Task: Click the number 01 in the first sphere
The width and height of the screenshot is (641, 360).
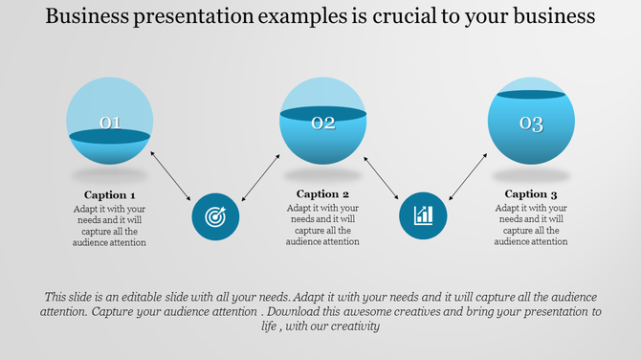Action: [110, 123]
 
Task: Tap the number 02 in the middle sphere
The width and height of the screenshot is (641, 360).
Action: [323, 123]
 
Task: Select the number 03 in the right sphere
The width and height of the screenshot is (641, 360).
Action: [531, 124]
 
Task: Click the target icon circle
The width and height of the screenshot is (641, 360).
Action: [215, 215]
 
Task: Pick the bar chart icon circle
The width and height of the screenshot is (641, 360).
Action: [423, 215]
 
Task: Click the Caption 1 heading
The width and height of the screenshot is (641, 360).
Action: [110, 194]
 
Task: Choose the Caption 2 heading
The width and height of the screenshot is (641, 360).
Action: [323, 194]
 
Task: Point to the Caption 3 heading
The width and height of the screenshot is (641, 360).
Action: [531, 194]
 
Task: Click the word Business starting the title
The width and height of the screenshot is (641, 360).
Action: [86, 16]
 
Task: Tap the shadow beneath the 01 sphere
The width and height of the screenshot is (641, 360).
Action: [110, 176]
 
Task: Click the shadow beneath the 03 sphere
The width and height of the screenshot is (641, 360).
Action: [531, 176]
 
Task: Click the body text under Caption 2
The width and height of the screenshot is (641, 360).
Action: [323, 225]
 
